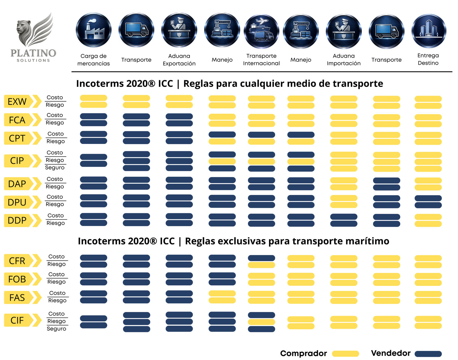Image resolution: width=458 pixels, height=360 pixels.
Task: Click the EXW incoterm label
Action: click(x=17, y=102)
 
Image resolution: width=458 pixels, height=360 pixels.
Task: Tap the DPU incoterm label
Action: click(x=17, y=202)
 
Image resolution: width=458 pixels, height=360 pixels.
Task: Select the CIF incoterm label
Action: click(x=17, y=320)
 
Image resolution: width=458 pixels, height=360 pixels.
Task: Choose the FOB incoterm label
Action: click(x=17, y=279)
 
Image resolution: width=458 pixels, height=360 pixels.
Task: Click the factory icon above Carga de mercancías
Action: click(x=94, y=30)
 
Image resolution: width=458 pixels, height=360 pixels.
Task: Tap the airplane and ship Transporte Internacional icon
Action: click(x=261, y=31)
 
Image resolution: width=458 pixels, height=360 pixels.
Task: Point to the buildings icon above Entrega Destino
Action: click(x=429, y=31)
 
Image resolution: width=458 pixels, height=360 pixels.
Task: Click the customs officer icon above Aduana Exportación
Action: click(x=179, y=30)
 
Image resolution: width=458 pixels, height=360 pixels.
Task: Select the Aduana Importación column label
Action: click(x=343, y=60)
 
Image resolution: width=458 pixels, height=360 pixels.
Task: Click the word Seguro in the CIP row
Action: click(x=55, y=168)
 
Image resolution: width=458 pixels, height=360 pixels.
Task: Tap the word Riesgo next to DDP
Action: click(x=56, y=223)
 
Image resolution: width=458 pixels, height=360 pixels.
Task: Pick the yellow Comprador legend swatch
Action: click(x=346, y=354)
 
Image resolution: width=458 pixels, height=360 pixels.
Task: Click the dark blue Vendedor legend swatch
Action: click(x=428, y=354)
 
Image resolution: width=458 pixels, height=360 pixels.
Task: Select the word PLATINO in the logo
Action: click(x=33, y=53)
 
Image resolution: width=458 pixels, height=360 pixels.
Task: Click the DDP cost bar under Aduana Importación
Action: click(x=343, y=217)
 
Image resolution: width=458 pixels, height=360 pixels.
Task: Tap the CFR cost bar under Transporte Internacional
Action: click(x=261, y=258)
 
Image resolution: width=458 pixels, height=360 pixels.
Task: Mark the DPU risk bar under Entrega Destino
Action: click(x=428, y=205)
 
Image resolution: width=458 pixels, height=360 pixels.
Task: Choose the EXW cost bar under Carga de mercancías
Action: click(x=94, y=98)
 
